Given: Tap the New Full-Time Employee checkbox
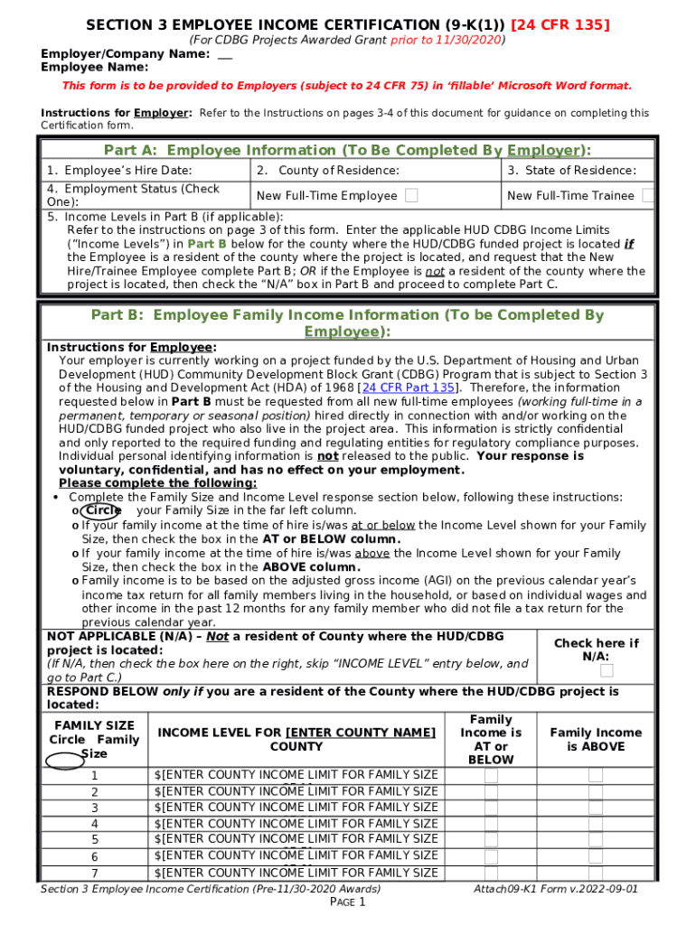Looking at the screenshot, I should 411,195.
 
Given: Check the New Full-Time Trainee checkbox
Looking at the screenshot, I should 647,195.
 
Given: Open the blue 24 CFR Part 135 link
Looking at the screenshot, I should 408,388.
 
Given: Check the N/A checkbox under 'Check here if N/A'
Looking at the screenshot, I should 607,670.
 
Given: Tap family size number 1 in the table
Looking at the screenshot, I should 94,776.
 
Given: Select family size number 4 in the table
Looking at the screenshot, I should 94,824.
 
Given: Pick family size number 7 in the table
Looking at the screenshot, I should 94,873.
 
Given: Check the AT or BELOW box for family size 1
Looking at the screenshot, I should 491,776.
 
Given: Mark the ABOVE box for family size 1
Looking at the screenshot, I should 595,776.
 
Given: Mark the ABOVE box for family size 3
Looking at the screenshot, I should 595,808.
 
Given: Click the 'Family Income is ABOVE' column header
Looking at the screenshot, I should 595,739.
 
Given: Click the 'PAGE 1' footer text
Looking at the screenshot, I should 347,902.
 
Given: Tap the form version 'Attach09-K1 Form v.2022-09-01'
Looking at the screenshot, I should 556,889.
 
